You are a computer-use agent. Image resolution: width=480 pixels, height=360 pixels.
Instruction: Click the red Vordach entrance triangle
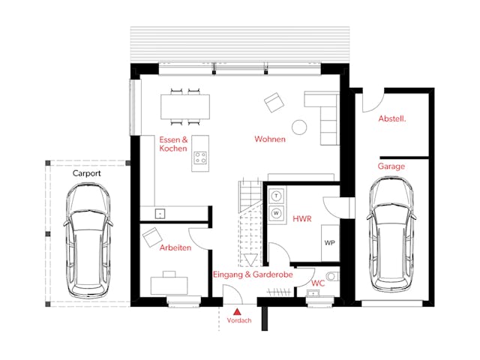[x=237, y=312]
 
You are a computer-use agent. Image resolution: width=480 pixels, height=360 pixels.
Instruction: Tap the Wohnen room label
[x=270, y=139]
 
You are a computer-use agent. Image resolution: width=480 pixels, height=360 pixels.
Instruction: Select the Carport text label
[x=87, y=173]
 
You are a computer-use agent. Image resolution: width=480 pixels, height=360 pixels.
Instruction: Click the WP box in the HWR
[x=330, y=243]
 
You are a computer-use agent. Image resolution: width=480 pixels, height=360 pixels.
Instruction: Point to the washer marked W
[x=277, y=213]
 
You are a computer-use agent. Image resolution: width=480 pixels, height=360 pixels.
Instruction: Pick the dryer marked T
[x=277, y=196]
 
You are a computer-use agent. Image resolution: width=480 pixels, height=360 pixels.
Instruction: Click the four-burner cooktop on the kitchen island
[x=200, y=157]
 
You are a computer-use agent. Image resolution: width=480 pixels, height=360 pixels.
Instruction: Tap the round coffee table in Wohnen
[x=299, y=127]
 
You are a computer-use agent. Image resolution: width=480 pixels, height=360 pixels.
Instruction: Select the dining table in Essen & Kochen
[x=185, y=106]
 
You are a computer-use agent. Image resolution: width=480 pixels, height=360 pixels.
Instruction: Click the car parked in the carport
[x=88, y=241]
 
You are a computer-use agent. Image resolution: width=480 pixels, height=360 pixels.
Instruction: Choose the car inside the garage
[x=391, y=235]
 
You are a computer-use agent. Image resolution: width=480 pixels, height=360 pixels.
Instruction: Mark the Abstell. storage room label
[x=392, y=118]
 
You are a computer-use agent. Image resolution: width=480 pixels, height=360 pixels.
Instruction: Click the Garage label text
[x=391, y=166]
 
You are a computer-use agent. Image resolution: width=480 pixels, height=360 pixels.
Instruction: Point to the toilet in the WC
[x=332, y=277]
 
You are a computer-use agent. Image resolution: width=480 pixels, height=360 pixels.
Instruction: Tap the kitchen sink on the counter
[x=160, y=214]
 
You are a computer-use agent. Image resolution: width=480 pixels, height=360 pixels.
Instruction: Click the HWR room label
[x=302, y=219]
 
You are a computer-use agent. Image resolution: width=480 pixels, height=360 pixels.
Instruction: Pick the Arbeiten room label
[x=175, y=247]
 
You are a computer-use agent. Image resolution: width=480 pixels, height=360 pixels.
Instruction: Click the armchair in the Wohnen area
[x=274, y=103]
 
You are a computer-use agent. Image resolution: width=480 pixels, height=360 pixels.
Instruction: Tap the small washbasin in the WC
[x=313, y=293]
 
